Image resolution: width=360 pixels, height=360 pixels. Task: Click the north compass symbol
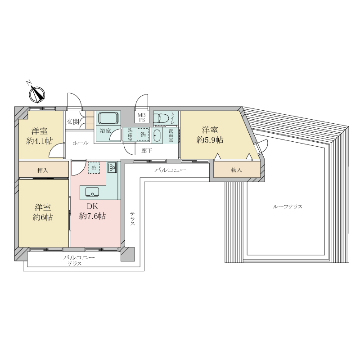point(37,94)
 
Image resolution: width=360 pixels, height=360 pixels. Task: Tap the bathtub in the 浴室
point(107,118)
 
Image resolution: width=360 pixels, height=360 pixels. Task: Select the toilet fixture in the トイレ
point(161,118)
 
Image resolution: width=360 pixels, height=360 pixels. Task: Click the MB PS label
point(142,117)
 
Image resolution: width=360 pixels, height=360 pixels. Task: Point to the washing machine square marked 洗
point(143,134)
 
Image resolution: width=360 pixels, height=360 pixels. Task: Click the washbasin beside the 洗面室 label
point(157,136)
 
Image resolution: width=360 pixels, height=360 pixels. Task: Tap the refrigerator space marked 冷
point(94,168)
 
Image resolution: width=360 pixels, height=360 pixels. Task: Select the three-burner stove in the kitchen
point(112,167)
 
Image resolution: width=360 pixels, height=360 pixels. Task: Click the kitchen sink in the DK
point(92,192)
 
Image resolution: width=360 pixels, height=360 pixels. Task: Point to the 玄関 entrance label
point(72,121)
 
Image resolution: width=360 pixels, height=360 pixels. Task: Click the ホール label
point(81,143)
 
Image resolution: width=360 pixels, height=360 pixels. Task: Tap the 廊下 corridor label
point(147,151)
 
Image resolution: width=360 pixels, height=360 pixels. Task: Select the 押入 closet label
point(43,171)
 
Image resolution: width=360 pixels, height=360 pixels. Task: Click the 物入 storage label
point(237,170)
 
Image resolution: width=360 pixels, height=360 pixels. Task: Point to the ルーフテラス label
point(288,207)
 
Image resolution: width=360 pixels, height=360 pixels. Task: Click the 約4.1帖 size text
point(40,141)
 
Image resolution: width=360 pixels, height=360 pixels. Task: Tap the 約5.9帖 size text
point(210,139)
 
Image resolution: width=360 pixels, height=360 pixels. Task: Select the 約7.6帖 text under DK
point(92,216)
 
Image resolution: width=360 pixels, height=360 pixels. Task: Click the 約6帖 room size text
point(43,217)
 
